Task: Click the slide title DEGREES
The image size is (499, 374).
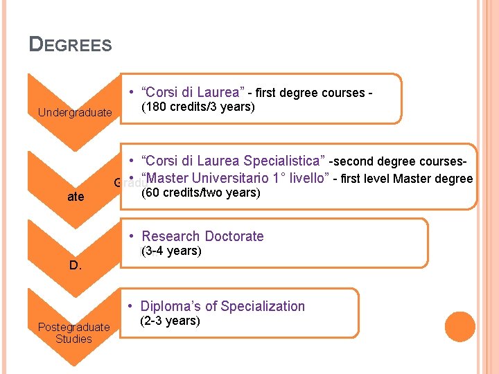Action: click(70, 45)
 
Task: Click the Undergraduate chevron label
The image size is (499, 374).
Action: click(75, 112)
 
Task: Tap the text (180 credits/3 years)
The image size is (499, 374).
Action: click(198, 107)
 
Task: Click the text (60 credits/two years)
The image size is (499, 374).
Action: click(200, 193)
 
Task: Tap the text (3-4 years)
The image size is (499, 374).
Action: click(170, 251)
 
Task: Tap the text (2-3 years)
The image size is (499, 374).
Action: click(170, 321)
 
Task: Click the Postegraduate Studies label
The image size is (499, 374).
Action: click(73, 332)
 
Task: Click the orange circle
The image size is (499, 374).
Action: click(459, 327)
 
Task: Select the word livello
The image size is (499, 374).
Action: click(306, 178)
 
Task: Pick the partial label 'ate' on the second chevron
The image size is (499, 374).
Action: click(76, 197)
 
